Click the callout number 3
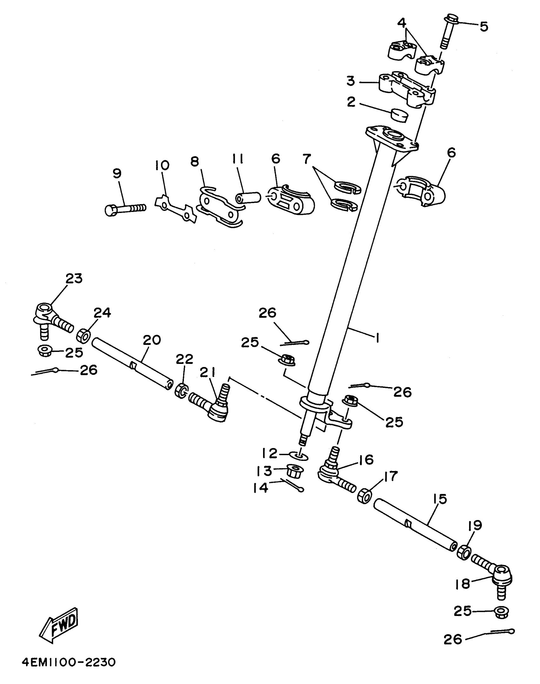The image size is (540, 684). coord(351,81)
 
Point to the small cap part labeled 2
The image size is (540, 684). coord(399,115)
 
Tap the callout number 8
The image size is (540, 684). coord(194,161)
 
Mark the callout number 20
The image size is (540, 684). coord(152,340)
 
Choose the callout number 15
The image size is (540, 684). coord(440,499)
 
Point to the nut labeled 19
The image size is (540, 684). coord(464,552)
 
